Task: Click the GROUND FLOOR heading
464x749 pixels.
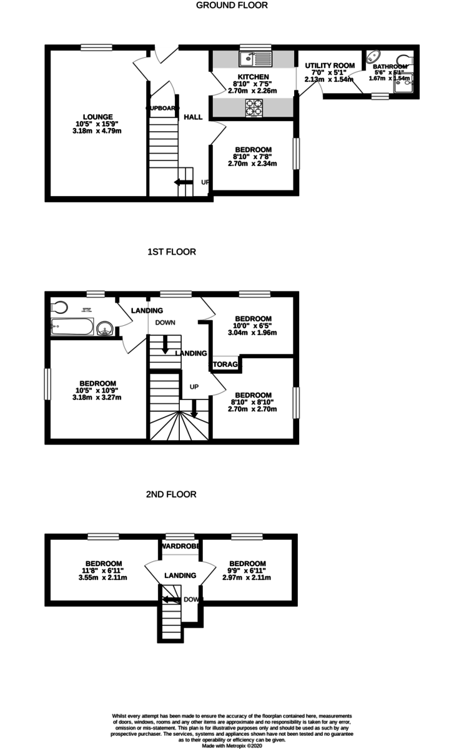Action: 232,6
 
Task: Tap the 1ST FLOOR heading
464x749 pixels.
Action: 171,252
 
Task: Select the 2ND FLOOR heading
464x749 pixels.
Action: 171,494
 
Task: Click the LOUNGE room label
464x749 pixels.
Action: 98,117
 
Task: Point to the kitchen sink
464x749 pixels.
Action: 254,59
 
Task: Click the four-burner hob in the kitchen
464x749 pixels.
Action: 255,107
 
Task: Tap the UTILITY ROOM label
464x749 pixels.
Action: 330,66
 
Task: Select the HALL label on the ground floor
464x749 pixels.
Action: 193,117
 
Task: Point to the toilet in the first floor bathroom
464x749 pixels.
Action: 60,306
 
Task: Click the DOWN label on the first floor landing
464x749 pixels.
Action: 165,323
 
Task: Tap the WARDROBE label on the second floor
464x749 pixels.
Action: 180,546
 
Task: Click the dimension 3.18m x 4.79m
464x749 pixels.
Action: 98,131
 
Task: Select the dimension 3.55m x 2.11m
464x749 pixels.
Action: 104,577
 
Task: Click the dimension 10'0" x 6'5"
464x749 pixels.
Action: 253,325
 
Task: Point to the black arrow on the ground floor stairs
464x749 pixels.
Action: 183,182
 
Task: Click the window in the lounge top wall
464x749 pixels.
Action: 96,47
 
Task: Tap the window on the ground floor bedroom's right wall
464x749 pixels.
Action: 297,152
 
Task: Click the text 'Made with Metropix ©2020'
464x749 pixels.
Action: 232,745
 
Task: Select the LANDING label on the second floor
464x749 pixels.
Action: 180,575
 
